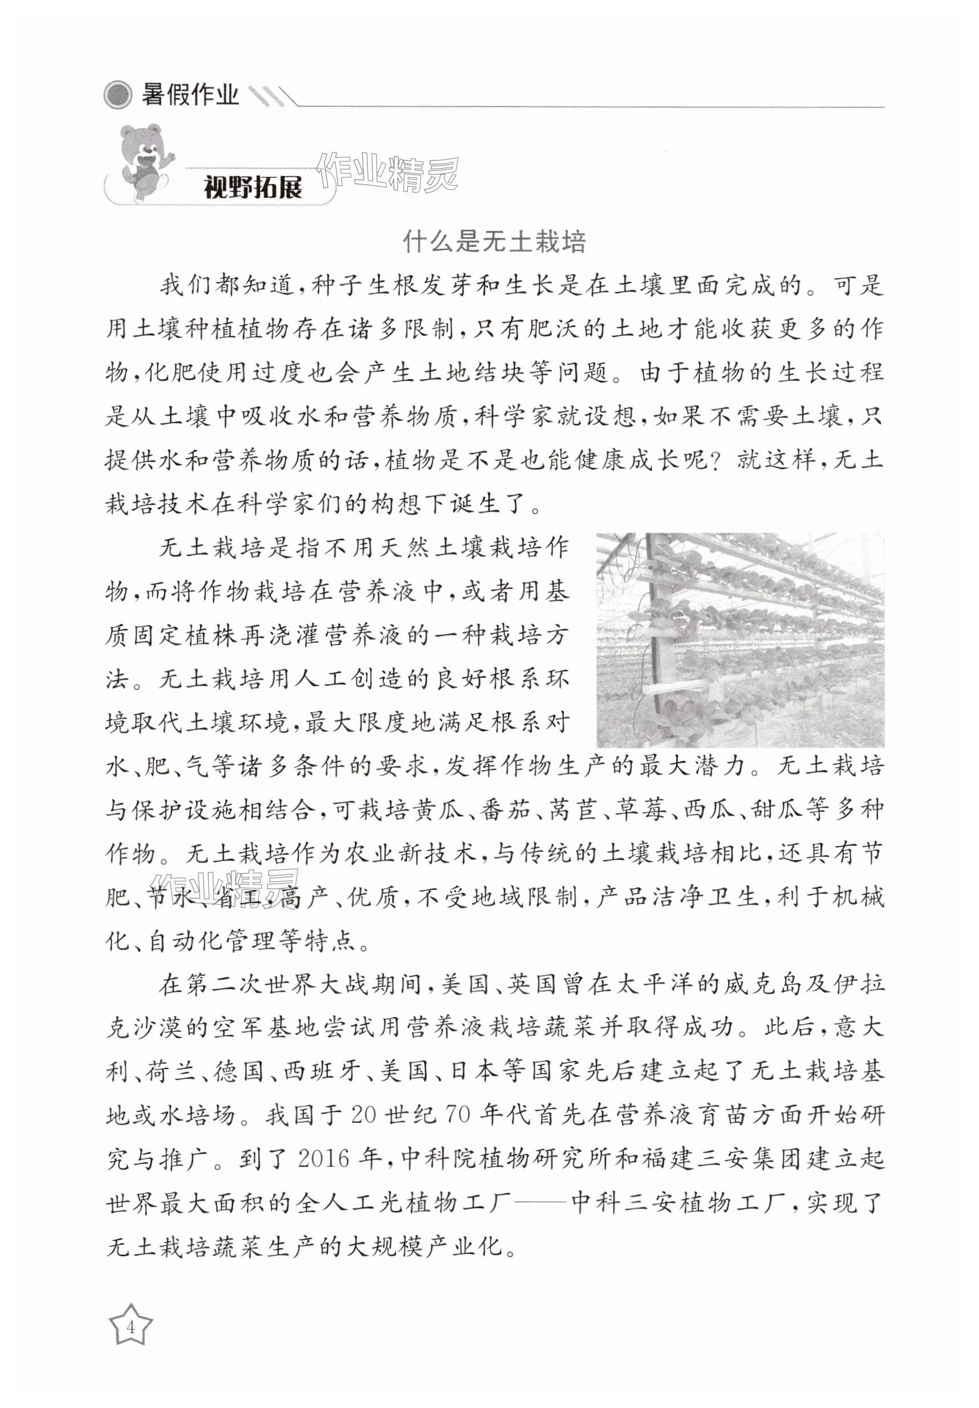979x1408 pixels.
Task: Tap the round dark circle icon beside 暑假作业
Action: [x=118, y=95]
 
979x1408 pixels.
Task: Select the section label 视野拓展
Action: [x=253, y=186]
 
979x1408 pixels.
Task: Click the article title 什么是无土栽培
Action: [x=494, y=242]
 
